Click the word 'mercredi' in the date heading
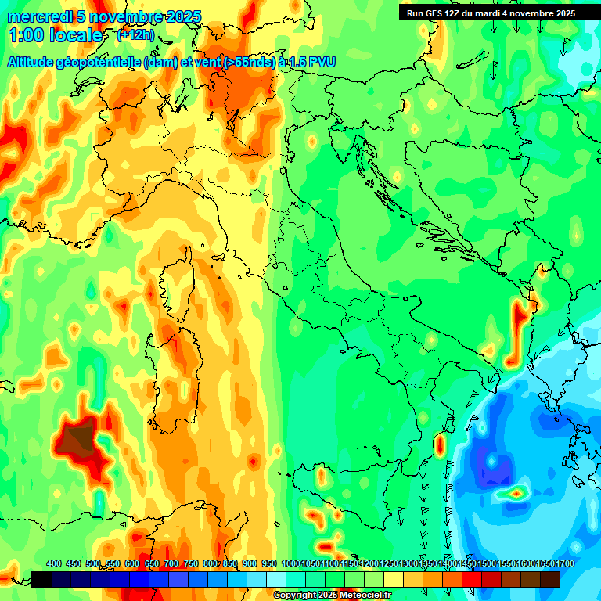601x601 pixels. click(36, 16)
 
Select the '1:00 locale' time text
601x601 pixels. click(56, 35)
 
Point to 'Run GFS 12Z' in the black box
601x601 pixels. click(435, 13)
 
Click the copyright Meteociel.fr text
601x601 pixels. click(333, 596)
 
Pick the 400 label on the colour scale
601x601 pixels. click(54, 563)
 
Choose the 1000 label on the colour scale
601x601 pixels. click(290, 563)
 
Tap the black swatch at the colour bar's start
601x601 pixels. click(41, 579)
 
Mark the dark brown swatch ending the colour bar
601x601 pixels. click(550, 579)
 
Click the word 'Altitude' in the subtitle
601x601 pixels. click(36, 62)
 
